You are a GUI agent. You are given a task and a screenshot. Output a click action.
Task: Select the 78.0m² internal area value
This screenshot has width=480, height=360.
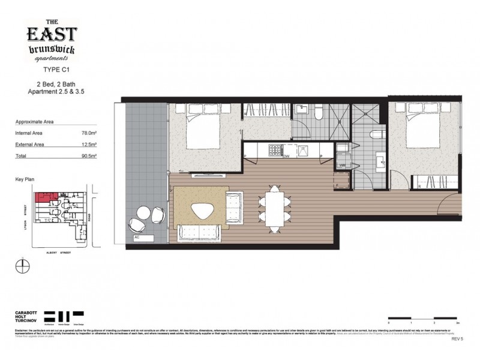(x=89, y=133)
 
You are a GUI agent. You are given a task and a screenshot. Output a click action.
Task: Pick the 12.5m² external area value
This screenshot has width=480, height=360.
(x=89, y=145)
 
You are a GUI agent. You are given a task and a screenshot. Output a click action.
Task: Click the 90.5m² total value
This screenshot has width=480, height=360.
(x=89, y=156)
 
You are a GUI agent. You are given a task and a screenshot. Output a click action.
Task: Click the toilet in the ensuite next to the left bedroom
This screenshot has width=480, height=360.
(x=320, y=113)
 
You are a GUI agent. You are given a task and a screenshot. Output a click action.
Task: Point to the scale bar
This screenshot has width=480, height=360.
(x=424, y=317)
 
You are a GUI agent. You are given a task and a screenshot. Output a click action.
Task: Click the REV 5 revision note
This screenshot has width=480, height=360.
(x=458, y=338)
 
